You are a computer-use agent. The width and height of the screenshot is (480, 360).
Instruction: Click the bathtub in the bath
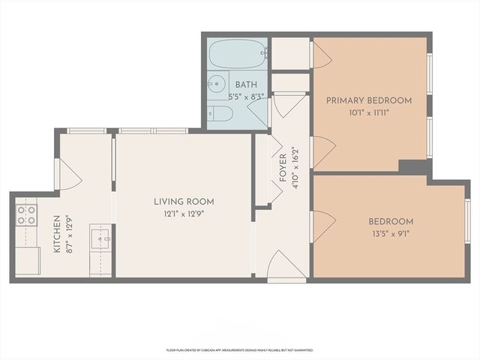[235, 54]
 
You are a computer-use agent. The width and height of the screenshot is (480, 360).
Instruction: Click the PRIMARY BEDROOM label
[369, 100]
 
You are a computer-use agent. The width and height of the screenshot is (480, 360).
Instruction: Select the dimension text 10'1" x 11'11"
[369, 112]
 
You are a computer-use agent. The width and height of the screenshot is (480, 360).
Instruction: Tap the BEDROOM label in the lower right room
[391, 221]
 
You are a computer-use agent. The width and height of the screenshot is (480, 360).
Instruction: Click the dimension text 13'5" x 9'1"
[391, 233]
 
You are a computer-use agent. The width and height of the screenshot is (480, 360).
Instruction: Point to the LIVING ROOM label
[184, 201]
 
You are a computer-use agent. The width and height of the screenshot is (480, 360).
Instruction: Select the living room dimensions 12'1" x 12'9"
[184, 213]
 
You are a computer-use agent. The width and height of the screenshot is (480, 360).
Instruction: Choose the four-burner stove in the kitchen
[27, 215]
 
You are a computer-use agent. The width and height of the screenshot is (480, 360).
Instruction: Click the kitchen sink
[100, 240]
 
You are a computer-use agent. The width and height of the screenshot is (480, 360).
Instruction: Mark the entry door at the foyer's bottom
[286, 267]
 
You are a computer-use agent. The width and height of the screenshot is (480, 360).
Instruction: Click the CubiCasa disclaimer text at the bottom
[240, 349]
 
